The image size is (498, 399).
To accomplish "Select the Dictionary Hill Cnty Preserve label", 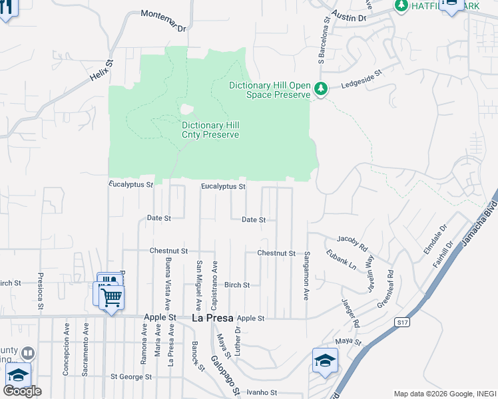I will coord(210,130).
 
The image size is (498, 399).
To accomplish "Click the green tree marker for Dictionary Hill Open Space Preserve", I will coord(321,88).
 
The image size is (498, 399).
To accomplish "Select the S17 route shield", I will coord(400,323).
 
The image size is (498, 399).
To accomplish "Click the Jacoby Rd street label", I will coord(352,243).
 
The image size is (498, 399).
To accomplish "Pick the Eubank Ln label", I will coord(341,259).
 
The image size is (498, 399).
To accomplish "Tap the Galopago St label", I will coord(226,376).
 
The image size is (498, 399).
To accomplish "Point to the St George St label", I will coord(131,376).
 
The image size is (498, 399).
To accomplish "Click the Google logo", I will coord(22,391).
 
